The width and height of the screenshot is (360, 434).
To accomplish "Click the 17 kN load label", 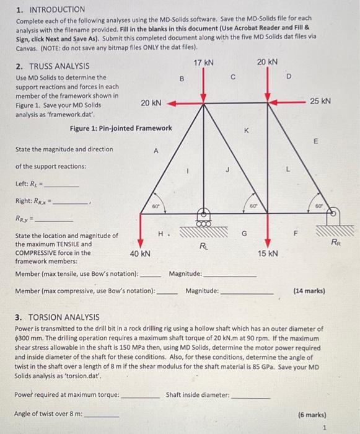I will [204, 63].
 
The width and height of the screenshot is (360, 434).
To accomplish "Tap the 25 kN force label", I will [320, 101].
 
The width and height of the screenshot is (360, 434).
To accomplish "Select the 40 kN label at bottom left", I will [139, 254].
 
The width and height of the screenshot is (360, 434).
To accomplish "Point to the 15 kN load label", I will [267, 254].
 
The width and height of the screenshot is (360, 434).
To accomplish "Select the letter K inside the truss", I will [246, 131].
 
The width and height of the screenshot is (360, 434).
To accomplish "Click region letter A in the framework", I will [156, 151].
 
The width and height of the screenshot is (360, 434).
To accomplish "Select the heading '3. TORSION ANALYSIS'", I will [56, 317].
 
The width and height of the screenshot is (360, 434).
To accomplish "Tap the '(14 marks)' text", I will [309, 290].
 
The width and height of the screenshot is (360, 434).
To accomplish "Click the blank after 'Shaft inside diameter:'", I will [250, 395].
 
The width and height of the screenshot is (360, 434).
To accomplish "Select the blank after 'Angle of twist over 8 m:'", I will [102, 415].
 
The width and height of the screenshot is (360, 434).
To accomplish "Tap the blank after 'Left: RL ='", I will [62, 185].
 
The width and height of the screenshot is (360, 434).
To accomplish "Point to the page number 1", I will [324, 428].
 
